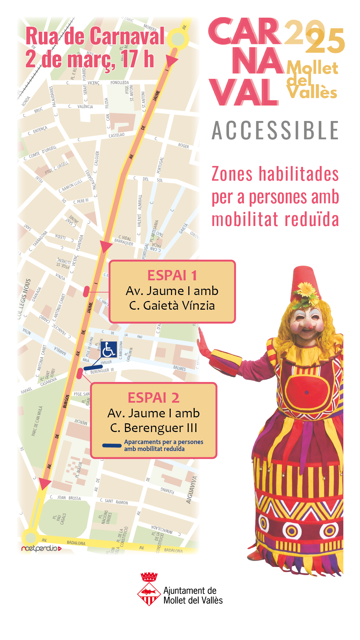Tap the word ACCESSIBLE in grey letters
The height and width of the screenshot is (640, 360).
(275, 130)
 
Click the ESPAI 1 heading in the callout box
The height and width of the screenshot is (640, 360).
(172, 276)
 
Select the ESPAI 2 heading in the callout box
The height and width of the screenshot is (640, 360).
(153, 398)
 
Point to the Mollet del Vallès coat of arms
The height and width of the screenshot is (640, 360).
(149, 590)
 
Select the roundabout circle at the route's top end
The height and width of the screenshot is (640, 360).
(178, 39)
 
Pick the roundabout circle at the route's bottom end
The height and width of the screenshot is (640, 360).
(31, 538)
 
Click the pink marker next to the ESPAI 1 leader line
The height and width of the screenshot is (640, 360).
(86, 291)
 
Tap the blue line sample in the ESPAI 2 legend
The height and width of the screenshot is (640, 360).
(112, 445)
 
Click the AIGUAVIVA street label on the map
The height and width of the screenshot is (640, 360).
(192, 490)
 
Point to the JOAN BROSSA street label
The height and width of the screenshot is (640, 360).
(69, 498)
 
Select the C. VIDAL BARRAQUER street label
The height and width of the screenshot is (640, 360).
(124, 240)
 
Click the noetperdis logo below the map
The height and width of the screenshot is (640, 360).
(41, 548)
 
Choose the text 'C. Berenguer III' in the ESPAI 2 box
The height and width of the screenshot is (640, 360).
(154, 428)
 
